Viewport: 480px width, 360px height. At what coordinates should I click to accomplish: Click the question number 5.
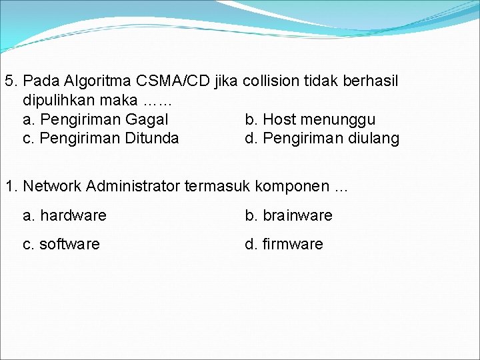click(10, 81)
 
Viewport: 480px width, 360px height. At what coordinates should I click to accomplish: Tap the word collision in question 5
click(272, 81)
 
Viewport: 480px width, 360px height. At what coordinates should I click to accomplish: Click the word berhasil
click(370, 81)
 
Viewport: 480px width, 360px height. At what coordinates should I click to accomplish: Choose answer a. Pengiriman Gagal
click(95, 120)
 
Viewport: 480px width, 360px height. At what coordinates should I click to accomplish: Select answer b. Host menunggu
click(310, 120)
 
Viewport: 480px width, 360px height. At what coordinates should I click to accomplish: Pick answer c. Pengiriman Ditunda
click(101, 139)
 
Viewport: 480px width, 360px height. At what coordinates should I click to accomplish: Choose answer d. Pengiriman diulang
click(322, 139)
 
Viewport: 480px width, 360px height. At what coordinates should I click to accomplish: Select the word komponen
click(288, 186)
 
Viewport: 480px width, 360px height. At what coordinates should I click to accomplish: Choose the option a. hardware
click(65, 216)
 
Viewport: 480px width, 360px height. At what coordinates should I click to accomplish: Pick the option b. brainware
click(288, 216)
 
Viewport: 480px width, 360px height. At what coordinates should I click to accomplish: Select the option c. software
click(61, 245)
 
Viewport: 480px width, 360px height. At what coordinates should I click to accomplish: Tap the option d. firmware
click(284, 245)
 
